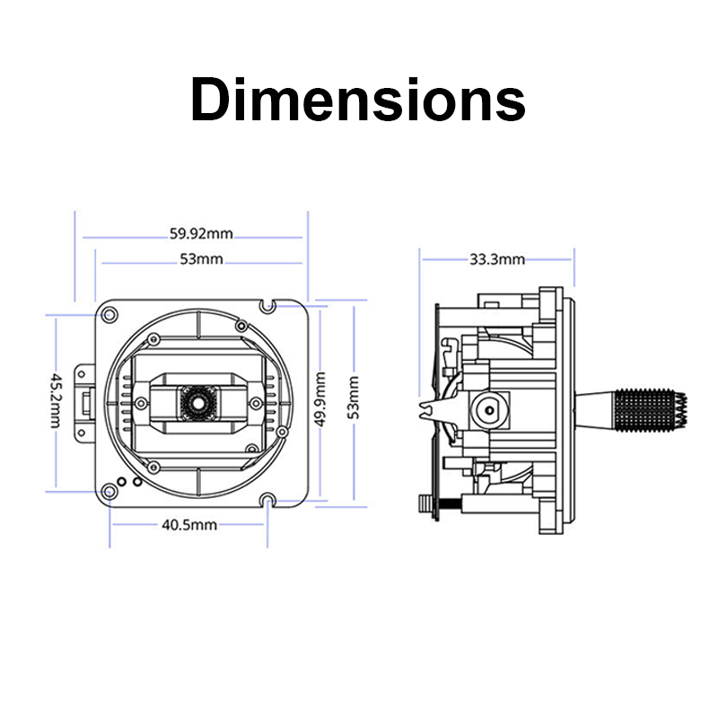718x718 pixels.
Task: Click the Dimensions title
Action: [x=357, y=100]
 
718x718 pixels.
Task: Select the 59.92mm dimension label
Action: [x=201, y=233]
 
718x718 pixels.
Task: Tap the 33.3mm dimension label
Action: [x=497, y=259]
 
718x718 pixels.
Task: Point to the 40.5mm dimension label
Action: [x=189, y=524]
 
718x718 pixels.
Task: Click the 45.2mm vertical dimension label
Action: [x=56, y=400]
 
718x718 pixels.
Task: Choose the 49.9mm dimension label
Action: [x=320, y=399]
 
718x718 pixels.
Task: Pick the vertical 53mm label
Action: [x=354, y=398]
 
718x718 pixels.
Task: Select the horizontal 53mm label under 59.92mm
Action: [x=201, y=259]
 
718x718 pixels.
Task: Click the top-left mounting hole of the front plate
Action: [x=109, y=315]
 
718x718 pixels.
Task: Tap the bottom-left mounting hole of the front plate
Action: [x=109, y=492]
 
